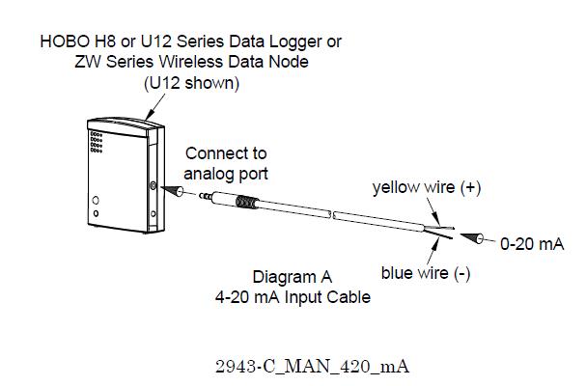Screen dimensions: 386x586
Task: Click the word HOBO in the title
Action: [x=64, y=42]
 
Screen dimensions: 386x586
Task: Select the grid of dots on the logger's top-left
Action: [x=96, y=140]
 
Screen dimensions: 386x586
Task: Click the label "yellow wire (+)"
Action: [x=427, y=188]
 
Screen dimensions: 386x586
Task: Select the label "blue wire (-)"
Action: [x=426, y=273]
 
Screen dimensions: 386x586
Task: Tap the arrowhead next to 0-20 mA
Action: [x=475, y=238]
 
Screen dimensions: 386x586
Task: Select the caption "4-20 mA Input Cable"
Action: [x=293, y=297]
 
